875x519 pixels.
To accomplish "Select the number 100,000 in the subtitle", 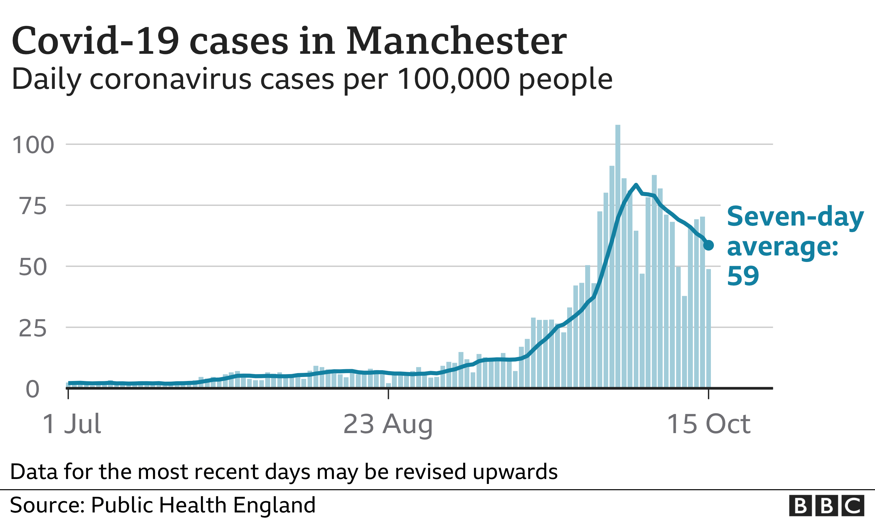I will [x=453, y=79].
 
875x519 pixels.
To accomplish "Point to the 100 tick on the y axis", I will [x=33, y=145].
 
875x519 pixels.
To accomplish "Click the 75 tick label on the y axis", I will [x=33, y=206].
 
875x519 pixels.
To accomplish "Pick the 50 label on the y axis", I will [x=32, y=267].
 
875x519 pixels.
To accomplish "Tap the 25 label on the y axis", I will [x=32, y=329].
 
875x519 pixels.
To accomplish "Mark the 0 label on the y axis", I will [x=32, y=389].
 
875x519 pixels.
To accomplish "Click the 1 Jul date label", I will [x=72, y=424].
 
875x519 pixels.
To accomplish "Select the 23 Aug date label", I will [x=388, y=424].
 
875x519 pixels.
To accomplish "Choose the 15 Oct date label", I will [x=708, y=424].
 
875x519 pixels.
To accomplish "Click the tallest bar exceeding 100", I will [x=618, y=255].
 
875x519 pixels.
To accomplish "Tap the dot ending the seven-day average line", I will [x=708, y=246].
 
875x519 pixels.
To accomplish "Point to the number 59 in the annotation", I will [x=743, y=276].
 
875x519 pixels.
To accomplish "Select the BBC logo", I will [x=826, y=506].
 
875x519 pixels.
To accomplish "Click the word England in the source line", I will [x=274, y=505].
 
